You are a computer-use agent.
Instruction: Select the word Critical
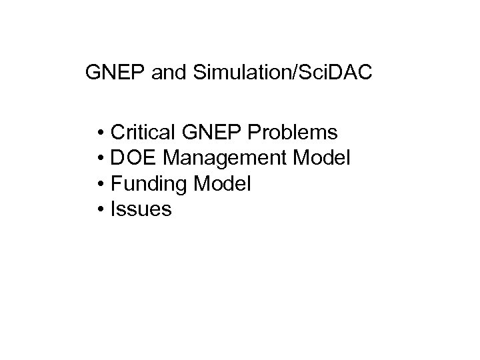[141, 132]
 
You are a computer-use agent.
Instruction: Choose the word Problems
[295, 133]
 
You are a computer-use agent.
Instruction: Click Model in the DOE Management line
[325, 158]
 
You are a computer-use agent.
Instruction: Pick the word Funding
[147, 184]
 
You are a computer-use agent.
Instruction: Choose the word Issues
[141, 209]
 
